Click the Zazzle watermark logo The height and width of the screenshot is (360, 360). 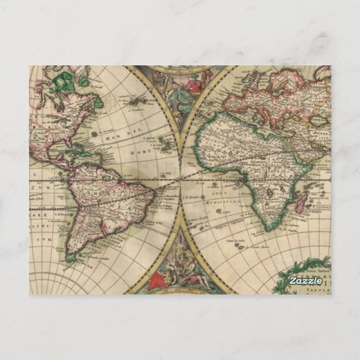pyautogui.click(x=305, y=281)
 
